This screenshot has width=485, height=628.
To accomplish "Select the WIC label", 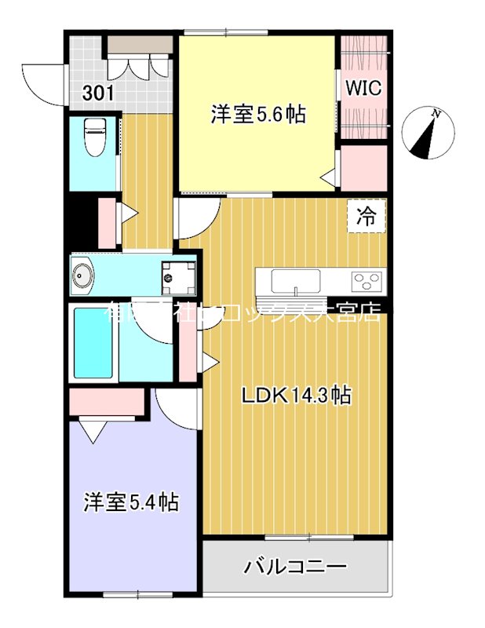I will point(363,88).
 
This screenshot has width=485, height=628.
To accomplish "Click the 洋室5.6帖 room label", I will point(257,114).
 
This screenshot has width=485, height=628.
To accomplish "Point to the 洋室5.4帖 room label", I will point(131,502).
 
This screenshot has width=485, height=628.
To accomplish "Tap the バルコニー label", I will point(294,565).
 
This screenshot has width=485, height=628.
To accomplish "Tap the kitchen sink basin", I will point(295,279).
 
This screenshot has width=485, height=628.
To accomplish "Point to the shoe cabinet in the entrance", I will point(140,45).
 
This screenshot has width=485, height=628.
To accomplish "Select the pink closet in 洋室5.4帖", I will point(108,402).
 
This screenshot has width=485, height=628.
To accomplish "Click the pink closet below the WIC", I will point(363,168).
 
